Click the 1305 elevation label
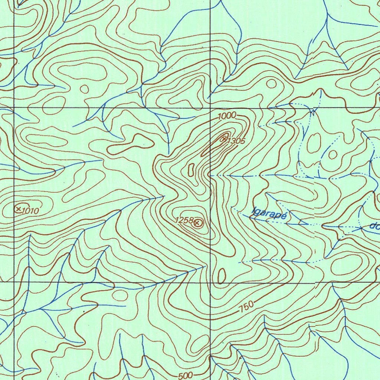point(236,141)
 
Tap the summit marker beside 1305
point(224,139)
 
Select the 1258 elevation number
point(184,220)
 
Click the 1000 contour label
point(227,116)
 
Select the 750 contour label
point(246,307)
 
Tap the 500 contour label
point(185,376)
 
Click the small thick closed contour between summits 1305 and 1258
point(191,170)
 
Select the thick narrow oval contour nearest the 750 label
point(221,276)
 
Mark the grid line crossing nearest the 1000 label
point(210,108)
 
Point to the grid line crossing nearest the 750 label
point(210,282)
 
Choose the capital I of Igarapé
point(253,212)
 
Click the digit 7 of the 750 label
point(242,308)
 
